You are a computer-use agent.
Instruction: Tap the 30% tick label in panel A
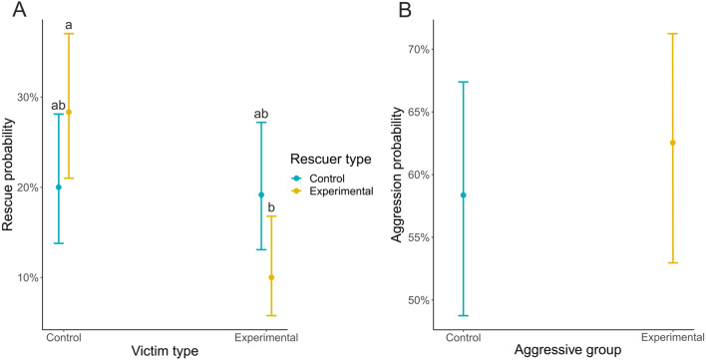(27, 97)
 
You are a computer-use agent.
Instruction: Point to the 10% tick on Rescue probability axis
(27, 277)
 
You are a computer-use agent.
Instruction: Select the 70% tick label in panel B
(418, 49)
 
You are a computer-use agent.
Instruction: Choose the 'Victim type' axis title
(165, 351)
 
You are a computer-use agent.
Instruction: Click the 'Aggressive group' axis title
(567, 351)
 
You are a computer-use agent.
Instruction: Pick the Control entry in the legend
(327, 178)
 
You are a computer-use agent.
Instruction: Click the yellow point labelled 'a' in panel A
(68, 112)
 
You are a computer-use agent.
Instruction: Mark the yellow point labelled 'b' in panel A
(271, 277)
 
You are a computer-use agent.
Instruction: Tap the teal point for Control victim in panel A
(59, 187)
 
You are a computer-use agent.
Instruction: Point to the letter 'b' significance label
(271, 207)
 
